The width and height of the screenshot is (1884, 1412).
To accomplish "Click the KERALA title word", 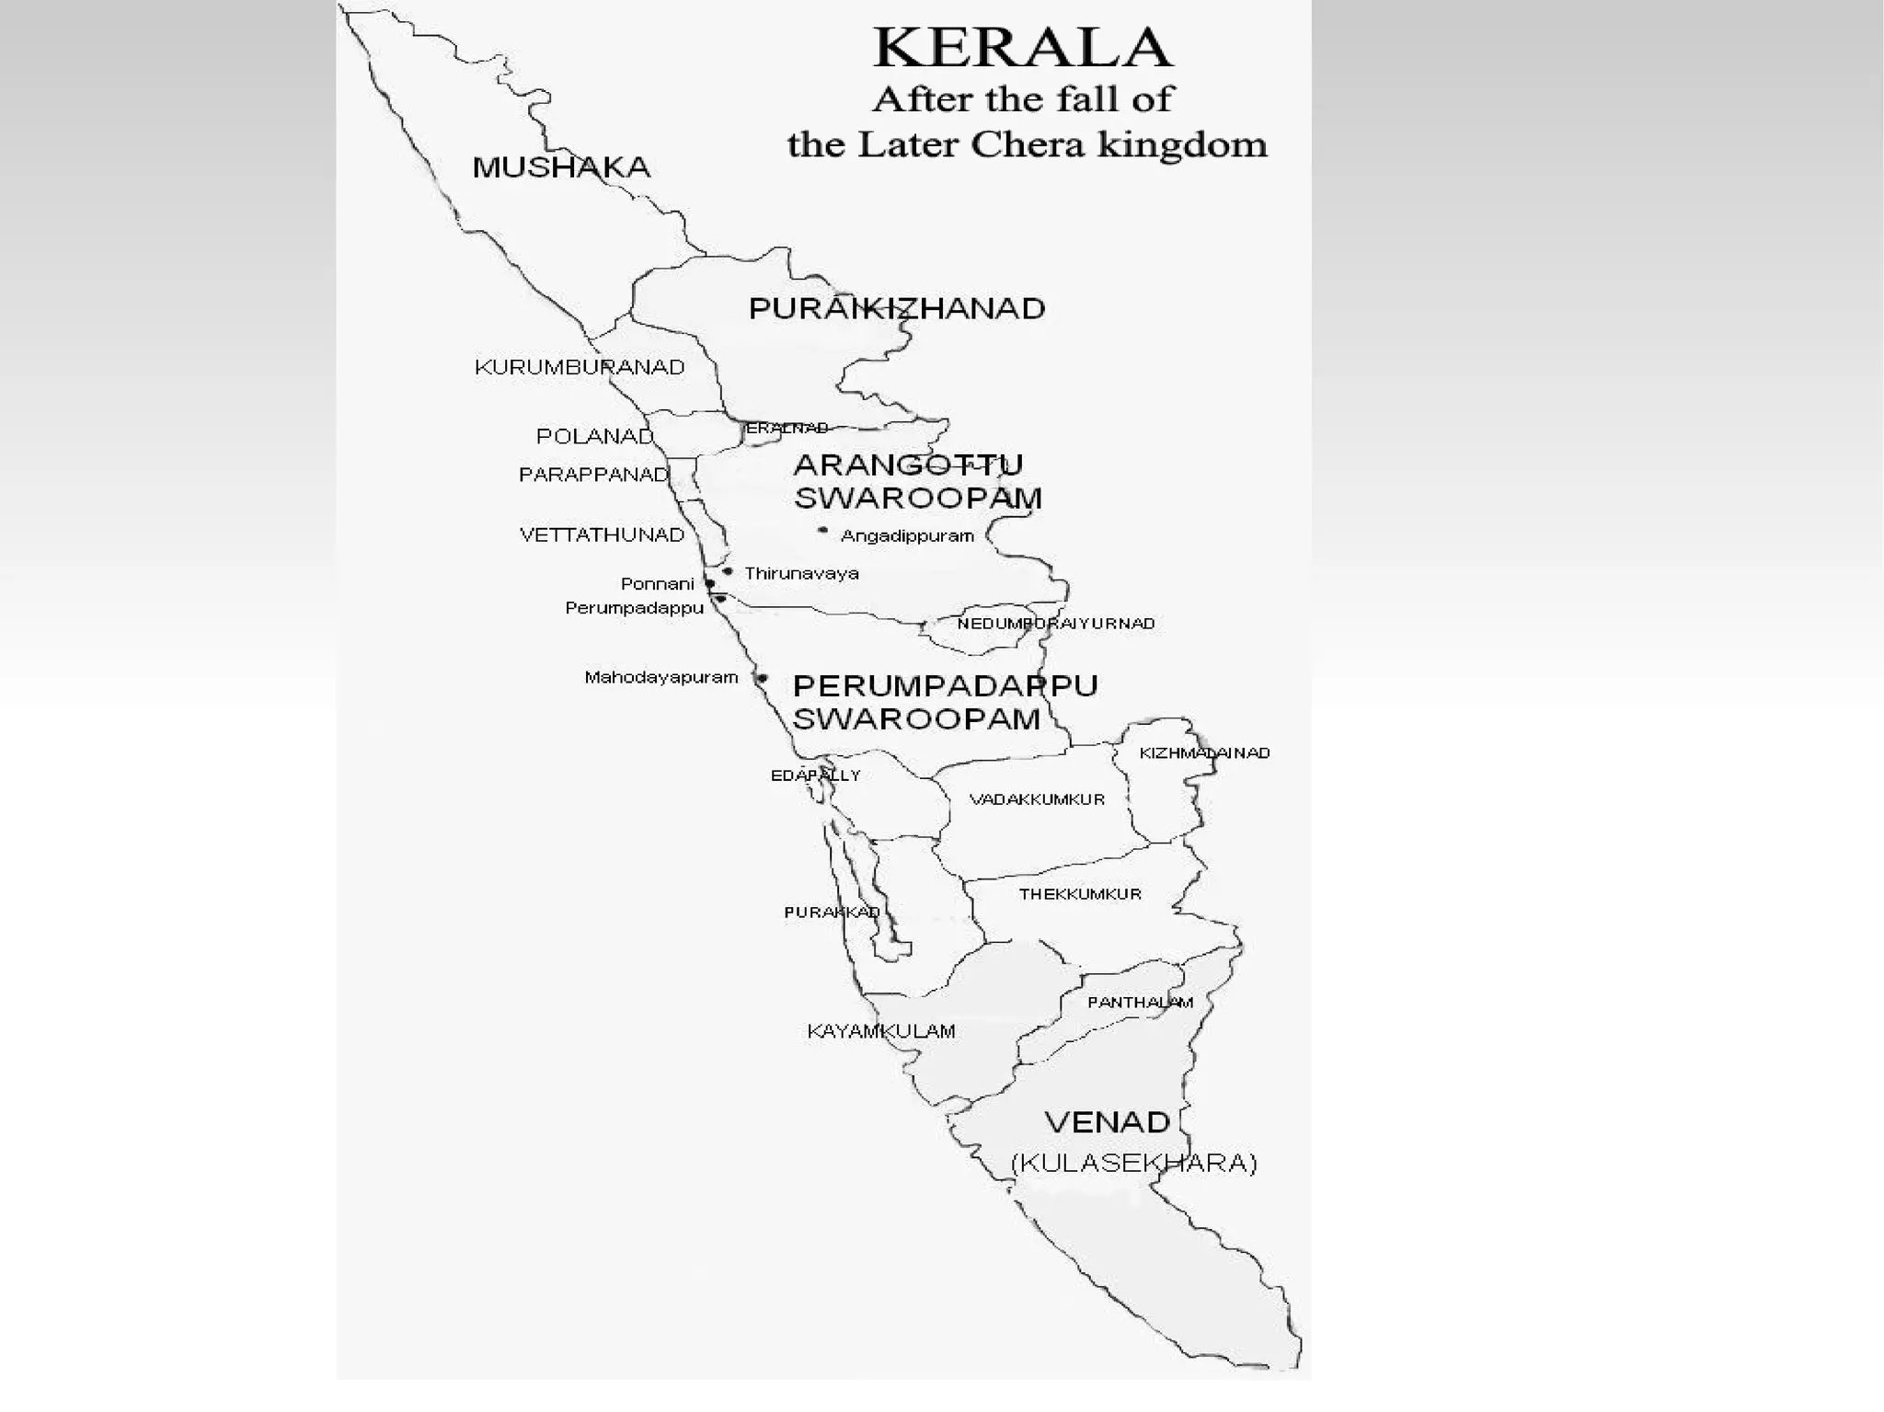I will tap(1022, 48).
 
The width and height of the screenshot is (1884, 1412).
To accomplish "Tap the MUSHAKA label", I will tap(561, 167).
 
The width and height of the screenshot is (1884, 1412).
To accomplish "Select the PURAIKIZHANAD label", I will tap(897, 308).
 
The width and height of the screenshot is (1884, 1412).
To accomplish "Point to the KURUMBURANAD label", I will tap(580, 367).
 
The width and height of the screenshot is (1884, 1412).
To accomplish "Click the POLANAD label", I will tap(594, 436).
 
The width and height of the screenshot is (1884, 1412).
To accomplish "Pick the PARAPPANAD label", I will tap(593, 475).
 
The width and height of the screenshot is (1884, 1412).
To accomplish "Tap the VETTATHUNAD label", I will tap(602, 534).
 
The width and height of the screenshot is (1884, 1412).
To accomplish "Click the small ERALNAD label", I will tap(787, 428).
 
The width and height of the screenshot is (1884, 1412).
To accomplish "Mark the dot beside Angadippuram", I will tap(822, 531).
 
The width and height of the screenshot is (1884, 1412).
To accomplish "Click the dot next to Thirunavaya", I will tap(728, 571).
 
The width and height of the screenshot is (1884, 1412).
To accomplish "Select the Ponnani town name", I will tap(657, 583).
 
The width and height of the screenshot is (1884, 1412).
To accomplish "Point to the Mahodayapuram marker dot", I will tap(762, 679).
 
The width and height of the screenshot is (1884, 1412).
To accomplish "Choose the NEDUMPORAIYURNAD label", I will tap(1055, 624).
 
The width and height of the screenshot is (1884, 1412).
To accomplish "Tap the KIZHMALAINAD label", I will tap(1204, 752).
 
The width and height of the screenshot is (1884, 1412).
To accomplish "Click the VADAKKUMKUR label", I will tap(1037, 799).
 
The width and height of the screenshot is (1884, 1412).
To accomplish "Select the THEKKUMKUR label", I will tap(1080, 893).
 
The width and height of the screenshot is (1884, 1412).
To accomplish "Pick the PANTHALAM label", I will tap(1140, 1002).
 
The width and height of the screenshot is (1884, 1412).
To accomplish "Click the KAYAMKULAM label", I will tap(880, 1031).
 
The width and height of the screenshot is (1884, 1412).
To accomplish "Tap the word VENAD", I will tap(1107, 1122).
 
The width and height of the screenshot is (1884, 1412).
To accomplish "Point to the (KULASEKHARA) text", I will tap(1133, 1163).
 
